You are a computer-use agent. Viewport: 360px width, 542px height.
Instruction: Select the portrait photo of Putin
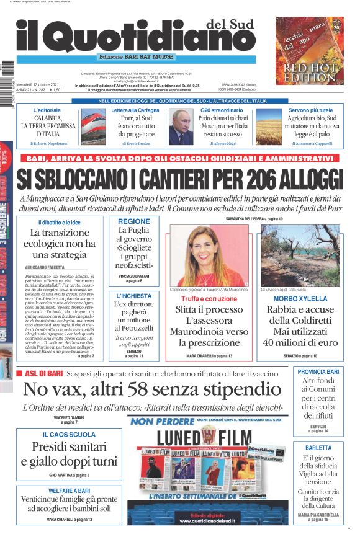coord(181,127)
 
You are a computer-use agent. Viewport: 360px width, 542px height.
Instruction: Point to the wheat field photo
coord(268,127)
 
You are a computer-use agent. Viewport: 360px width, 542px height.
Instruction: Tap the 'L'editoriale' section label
coord(47,110)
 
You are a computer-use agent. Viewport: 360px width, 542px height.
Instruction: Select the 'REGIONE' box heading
coord(133,221)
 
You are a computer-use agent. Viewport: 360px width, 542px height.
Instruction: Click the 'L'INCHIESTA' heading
coord(133,296)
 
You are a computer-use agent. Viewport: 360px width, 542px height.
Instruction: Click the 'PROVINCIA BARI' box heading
coord(318,371)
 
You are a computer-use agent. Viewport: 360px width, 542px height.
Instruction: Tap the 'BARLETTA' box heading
coord(318,447)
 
